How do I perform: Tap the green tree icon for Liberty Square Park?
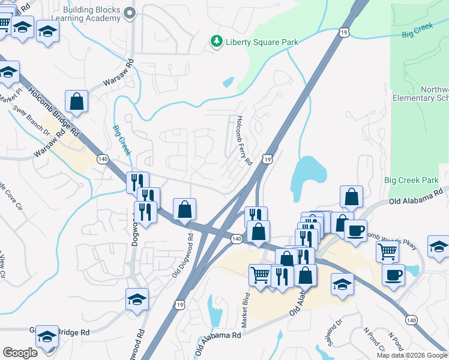[216, 41]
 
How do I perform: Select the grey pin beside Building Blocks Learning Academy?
[128, 14]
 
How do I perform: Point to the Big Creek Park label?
[412, 180]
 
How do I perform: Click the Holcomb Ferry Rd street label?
[243, 140]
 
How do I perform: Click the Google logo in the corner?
[20, 352]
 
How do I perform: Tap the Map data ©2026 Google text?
[412, 355]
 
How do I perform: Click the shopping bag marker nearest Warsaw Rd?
[77, 102]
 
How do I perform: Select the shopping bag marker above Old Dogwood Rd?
[185, 209]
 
